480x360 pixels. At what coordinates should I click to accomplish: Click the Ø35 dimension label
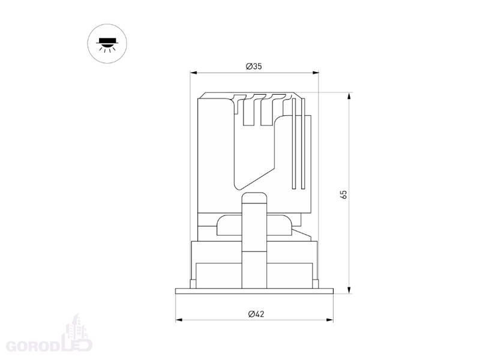(254, 66)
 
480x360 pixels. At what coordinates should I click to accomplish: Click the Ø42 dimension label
(256, 314)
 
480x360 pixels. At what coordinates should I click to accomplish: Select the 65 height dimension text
(343, 194)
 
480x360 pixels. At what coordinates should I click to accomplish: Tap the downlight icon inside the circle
(107, 44)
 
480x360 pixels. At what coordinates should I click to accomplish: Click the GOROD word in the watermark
(33, 346)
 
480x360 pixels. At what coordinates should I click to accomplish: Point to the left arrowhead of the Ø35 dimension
(193, 73)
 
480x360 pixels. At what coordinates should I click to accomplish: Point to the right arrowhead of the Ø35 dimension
(316, 73)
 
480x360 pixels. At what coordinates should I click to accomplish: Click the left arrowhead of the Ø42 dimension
(179, 320)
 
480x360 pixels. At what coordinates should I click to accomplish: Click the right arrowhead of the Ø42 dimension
(329, 320)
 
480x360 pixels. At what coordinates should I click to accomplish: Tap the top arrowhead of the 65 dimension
(349, 96)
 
